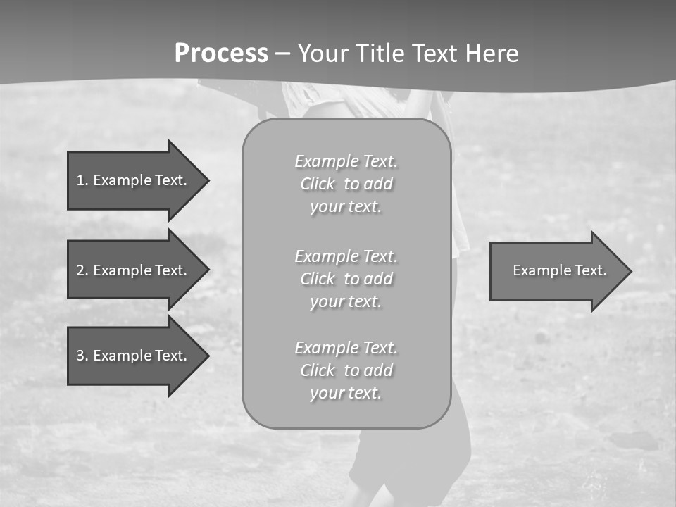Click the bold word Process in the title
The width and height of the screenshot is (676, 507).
[221, 54]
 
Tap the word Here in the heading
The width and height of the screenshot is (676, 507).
[492, 54]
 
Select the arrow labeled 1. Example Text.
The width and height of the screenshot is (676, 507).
[134, 180]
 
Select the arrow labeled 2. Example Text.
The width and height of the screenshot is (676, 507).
[134, 270]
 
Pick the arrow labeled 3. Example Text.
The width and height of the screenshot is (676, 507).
[134, 356]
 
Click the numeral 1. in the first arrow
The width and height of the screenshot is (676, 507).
[82, 180]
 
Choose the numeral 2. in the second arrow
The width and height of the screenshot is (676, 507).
[82, 270]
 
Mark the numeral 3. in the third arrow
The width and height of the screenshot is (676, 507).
[82, 356]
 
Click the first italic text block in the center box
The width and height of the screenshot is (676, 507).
[346, 184]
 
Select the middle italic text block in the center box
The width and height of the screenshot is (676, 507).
[346, 279]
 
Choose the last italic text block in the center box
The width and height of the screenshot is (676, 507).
[346, 370]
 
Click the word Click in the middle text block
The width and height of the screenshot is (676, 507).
[318, 279]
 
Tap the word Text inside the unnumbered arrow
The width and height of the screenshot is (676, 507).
[591, 270]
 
